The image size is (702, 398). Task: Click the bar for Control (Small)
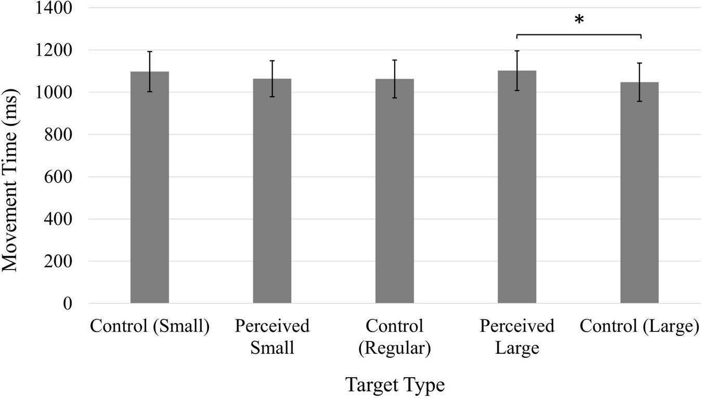(149, 187)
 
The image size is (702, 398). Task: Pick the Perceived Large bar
(517, 187)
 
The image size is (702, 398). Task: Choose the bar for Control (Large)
(640, 192)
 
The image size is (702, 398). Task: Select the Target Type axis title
(395, 386)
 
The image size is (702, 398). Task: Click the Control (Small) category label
(149, 327)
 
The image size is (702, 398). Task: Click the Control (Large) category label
(639, 327)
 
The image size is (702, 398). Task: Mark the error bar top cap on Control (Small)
(150, 52)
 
